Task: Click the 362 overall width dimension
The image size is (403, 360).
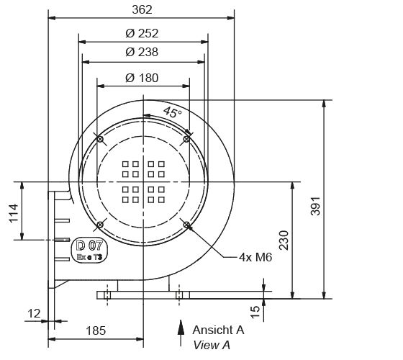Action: [x=142, y=9]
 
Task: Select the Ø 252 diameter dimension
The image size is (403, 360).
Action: [x=142, y=33]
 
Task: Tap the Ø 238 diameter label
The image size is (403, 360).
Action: [x=142, y=52]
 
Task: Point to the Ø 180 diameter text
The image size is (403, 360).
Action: [x=142, y=78]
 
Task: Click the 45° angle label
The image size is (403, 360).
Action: [x=173, y=112]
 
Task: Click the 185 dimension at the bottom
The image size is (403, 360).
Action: [x=95, y=330]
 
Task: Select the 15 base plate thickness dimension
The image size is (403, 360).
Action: [x=274, y=310]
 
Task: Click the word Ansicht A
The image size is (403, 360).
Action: [x=218, y=330]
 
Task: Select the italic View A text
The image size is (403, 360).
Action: [x=212, y=345]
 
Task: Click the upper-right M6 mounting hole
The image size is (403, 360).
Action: [x=186, y=138]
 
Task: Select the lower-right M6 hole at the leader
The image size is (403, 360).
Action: [x=186, y=225]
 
